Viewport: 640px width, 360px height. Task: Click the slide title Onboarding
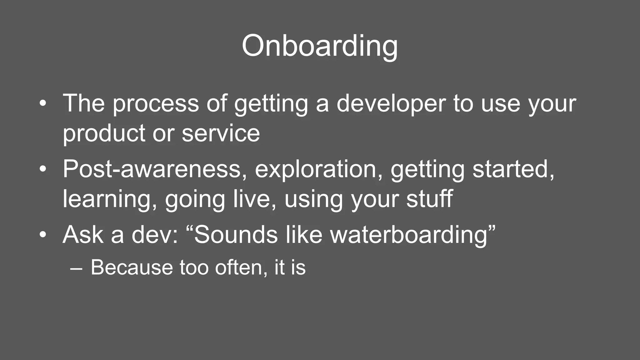(320, 46)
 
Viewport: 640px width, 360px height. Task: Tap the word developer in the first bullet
(391, 103)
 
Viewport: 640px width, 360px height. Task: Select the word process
(155, 104)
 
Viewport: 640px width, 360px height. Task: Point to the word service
(221, 133)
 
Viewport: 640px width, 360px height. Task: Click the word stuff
(429, 198)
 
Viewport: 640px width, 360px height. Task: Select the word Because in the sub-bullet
(132, 267)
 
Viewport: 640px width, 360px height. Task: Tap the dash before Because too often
(77, 268)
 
